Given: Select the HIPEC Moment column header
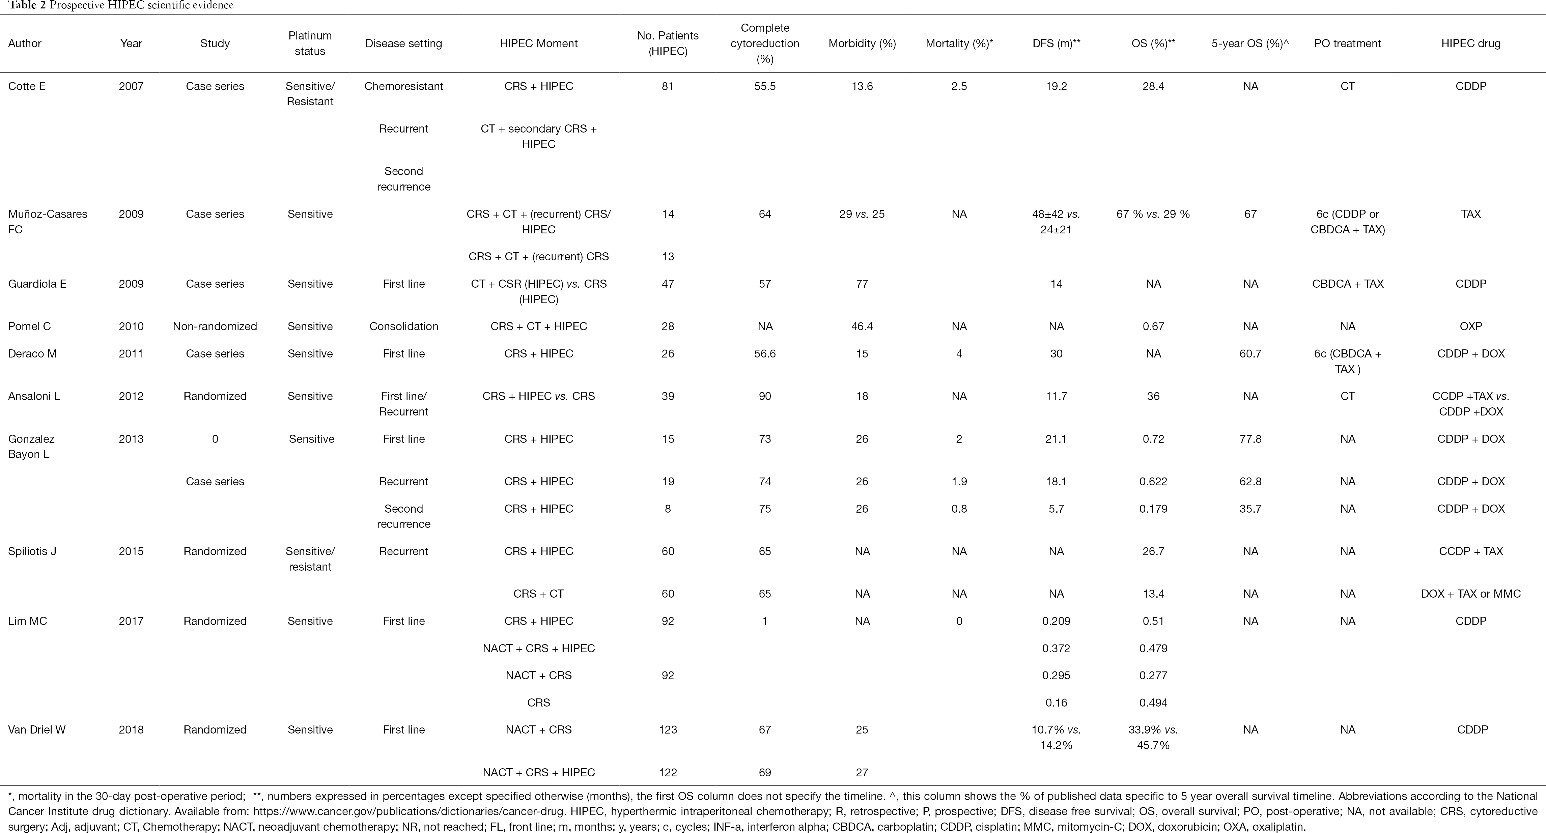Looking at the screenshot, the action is coord(538,43).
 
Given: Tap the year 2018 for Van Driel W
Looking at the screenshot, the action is coord(131,730).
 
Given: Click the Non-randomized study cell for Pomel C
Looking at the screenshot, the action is coord(215,326).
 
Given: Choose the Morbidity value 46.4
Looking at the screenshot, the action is coord(862,326).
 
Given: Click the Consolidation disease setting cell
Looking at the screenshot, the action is coord(403,326).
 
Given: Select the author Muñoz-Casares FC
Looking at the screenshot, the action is coord(48,222).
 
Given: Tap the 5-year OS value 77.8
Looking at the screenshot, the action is coord(1250,439).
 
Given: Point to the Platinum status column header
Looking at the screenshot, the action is coord(310,43).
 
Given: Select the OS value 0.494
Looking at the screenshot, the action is coord(1153,702).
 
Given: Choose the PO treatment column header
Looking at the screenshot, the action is coord(1347,43).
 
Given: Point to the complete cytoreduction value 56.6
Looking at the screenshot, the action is coord(765,353).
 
